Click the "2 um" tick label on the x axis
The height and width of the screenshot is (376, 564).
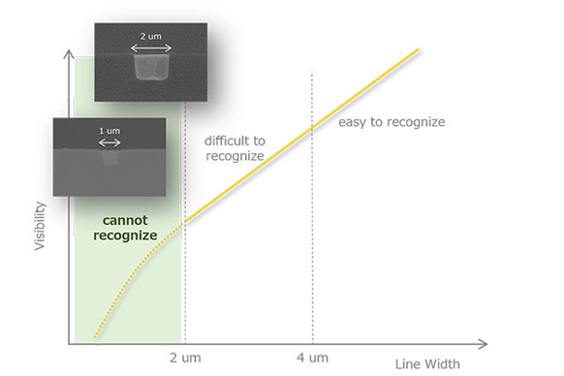point(184,357)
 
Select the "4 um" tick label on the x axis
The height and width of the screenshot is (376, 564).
point(312,357)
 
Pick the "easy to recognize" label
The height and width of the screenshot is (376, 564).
point(391,122)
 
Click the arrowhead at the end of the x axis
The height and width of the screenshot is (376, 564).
point(484,344)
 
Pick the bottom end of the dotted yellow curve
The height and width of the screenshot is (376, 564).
point(94,337)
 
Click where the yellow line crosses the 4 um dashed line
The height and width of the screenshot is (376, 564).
point(312,127)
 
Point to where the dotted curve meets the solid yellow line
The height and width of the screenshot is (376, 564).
point(184,224)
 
